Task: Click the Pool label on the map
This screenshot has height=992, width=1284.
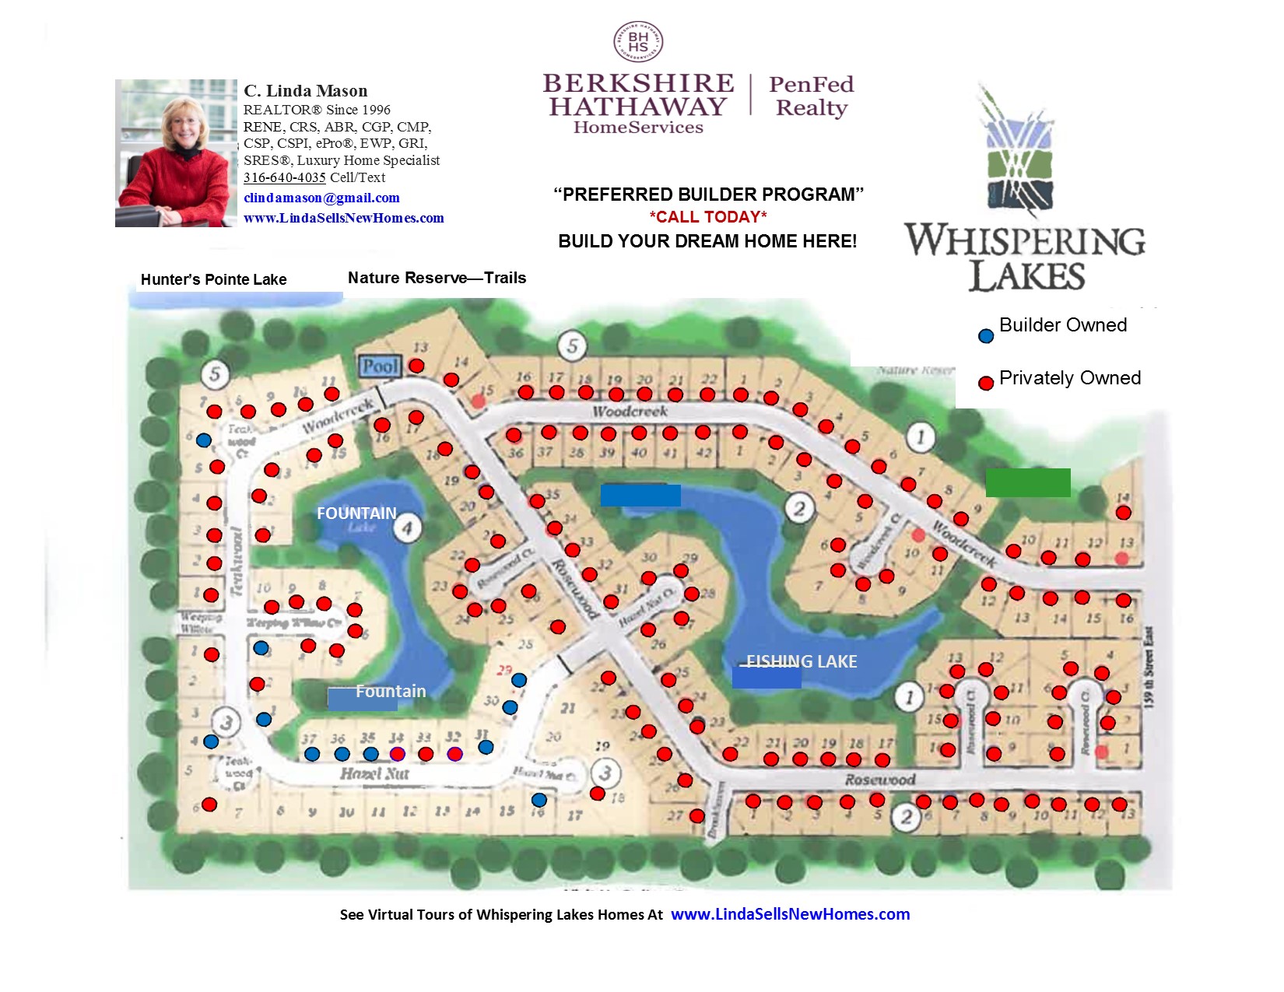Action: click(380, 366)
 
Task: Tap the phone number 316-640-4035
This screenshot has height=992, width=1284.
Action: click(284, 177)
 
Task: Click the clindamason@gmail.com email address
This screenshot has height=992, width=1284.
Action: click(321, 198)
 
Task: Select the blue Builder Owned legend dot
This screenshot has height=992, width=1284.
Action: click(986, 336)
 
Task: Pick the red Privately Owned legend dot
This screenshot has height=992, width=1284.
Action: click(986, 383)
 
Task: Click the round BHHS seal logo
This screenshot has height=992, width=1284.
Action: click(638, 42)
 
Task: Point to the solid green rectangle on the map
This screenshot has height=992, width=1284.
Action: click(1028, 482)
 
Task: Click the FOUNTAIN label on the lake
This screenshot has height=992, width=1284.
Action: click(356, 514)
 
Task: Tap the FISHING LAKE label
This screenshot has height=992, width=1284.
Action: click(802, 661)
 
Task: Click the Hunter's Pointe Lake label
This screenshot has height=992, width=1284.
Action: click(213, 279)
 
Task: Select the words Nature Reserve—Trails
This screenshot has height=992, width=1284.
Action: click(437, 278)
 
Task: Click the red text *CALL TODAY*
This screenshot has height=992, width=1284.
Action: click(708, 217)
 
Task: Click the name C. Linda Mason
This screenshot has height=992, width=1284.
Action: click(305, 91)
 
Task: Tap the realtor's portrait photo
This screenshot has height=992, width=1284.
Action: click(176, 153)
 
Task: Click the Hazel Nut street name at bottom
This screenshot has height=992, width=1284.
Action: click(374, 773)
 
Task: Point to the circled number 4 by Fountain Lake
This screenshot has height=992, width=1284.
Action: click(407, 528)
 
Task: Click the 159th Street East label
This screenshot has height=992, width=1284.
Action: click(1149, 667)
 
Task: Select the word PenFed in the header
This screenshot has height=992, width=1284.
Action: click(811, 84)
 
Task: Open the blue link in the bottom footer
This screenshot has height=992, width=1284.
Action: click(790, 914)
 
